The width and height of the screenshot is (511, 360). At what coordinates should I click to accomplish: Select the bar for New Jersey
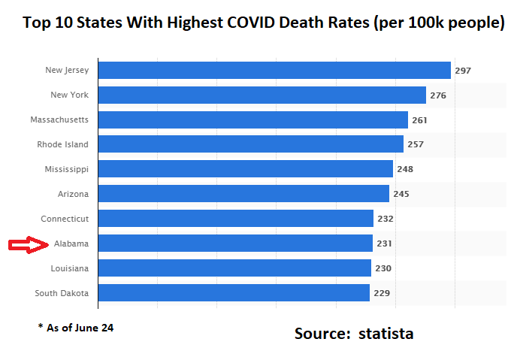(x=274, y=70)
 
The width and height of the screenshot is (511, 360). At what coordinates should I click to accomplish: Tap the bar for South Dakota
(x=234, y=293)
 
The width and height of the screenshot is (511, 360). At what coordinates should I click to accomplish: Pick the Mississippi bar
(x=245, y=169)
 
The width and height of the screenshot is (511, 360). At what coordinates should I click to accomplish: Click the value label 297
(x=463, y=71)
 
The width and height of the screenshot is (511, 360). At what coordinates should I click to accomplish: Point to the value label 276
(x=438, y=95)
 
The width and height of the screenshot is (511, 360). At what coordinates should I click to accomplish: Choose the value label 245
(x=401, y=194)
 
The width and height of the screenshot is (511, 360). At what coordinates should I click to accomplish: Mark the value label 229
(x=382, y=293)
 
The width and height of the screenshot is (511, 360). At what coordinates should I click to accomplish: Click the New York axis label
(x=69, y=95)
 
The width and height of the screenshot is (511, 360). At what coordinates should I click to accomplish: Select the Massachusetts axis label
(x=59, y=120)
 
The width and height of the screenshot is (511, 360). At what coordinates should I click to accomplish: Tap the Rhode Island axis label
(x=62, y=144)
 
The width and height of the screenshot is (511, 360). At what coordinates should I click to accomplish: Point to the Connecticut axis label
(x=65, y=219)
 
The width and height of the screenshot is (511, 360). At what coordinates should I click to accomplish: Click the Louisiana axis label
(x=69, y=268)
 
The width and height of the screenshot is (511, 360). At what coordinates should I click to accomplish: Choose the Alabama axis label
(x=71, y=244)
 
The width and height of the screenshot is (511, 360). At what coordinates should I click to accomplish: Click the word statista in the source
(x=386, y=333)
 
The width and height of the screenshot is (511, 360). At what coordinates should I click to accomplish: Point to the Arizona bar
(x=243, y=194)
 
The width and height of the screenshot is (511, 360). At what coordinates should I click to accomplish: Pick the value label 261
(x=420, y=120)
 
